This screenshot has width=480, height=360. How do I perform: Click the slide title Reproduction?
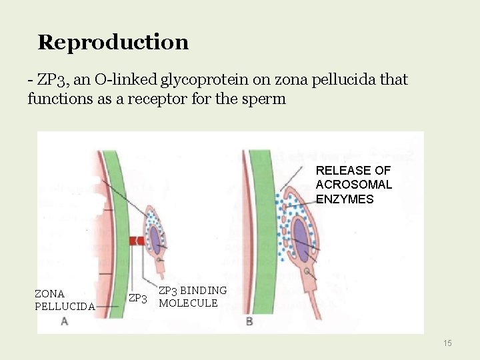point(113,42)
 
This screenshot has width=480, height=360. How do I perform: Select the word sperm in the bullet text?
point(267,99)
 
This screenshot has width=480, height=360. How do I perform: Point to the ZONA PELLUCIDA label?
point(65,300)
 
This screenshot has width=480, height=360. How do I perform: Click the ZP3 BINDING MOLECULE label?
point(193,297)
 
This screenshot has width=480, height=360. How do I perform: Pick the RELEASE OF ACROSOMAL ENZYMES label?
point(353,185)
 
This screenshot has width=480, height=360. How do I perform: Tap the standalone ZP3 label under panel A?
point(137,298)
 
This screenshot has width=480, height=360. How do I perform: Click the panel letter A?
point(64,321)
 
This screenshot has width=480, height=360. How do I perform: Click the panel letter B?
point(249,321)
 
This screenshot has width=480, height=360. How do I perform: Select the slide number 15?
point(447,343)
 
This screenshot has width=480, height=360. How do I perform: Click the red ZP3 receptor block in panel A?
point(136,241)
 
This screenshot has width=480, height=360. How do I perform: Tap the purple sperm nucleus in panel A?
point(155,237)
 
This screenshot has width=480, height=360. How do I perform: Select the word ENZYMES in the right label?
point(345,199)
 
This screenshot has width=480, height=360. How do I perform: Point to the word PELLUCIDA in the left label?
point(65,307)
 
